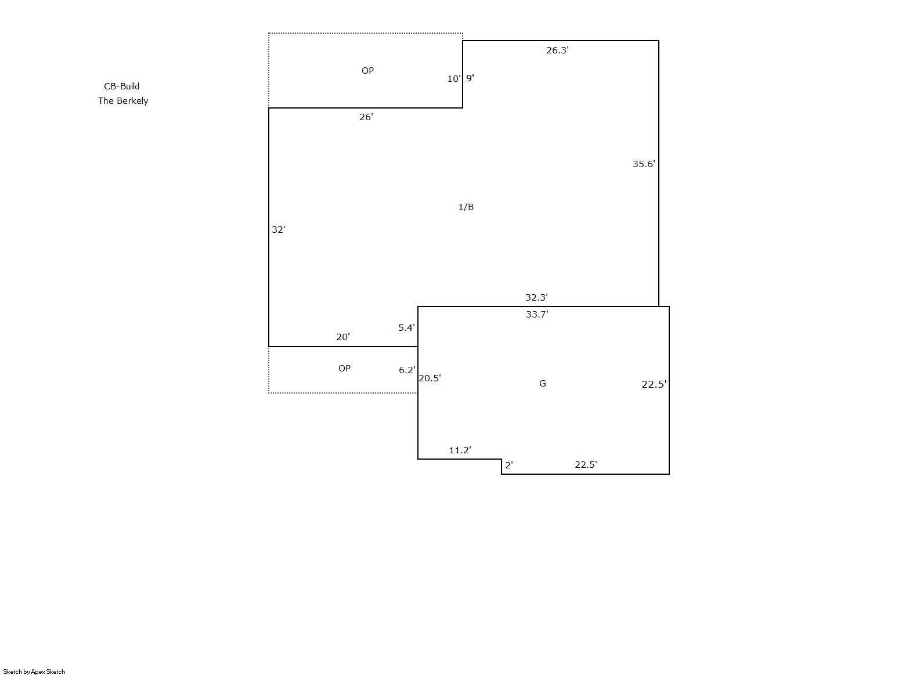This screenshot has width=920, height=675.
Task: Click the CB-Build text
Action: coord(121,86)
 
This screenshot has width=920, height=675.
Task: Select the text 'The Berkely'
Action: coord(123,100)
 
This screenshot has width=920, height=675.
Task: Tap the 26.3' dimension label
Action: coord(557,50)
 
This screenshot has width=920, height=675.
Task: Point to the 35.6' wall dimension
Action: coord(644,164)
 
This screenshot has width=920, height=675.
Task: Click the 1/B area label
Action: coord(466,207)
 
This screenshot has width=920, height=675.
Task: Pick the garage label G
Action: coord(543,384)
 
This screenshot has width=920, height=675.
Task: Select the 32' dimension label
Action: coord(279,229)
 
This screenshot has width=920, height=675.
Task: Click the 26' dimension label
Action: coord(366,117)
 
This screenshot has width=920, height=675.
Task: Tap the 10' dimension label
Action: coord(454,78)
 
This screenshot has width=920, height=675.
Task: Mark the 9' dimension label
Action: coord(470,78)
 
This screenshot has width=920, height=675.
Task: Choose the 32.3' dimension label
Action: coord(536,297)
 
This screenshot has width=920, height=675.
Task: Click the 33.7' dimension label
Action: coord(537,314)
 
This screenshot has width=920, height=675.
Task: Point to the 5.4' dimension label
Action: coord(407,328)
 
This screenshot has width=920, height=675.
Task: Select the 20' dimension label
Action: coord(343,337)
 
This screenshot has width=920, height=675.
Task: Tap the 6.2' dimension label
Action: coord(407,370)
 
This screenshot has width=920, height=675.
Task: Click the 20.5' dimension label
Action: coord(430,378)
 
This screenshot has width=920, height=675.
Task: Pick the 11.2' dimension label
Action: coord(460,450)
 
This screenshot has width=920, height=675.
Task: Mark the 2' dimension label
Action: coord(509,465)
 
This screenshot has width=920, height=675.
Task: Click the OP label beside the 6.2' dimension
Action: coord(344,369)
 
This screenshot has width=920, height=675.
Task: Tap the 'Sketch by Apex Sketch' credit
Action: coord(34,672)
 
